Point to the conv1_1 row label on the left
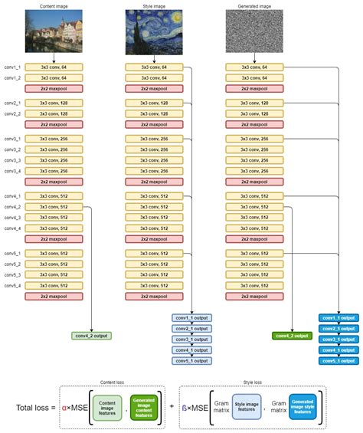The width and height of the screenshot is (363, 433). [13, 68]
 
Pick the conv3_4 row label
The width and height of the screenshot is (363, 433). [13, 171]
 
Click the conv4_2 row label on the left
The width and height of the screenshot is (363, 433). [13, 207]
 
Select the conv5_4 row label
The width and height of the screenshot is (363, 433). [13, 285]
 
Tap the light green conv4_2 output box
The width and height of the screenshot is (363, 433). [92, 335]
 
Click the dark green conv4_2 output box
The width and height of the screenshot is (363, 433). [293, 335]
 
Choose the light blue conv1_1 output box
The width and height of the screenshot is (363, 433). [191, 317]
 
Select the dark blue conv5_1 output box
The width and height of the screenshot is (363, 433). [337, 360]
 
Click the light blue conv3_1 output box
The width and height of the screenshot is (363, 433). [191, 339]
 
